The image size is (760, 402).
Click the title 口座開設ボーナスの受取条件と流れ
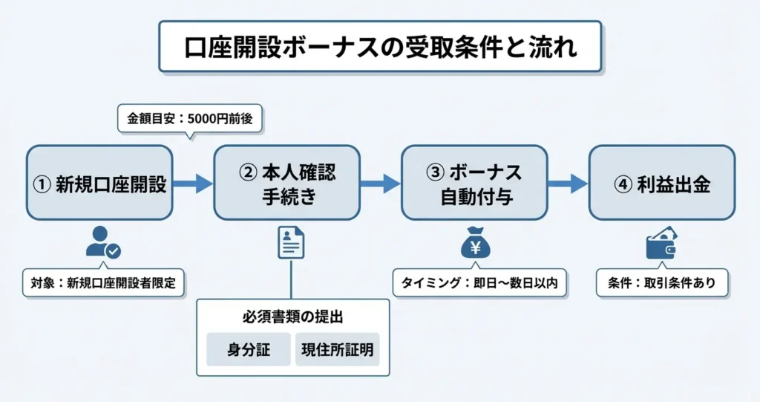(x=380, y=47)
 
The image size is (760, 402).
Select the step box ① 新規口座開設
(x=99, y=183)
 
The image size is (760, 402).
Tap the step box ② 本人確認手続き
(x=287, y=183)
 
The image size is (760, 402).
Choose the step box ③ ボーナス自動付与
(x=474, y=183)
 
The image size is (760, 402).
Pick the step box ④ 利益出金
(x=662, y=183)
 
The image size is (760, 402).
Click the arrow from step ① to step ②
(x=193, y=184)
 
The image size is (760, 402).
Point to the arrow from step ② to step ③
(x=381, y=184)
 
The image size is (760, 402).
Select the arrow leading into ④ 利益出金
(x=568, y=184)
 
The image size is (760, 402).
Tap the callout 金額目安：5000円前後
(x=190, y=118)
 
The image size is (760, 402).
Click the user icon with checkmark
(x=102, y=241)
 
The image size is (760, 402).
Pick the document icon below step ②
(x=291, y=242)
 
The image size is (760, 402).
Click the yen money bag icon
(x=475, y=243)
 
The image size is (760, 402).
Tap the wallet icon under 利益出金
(x=661, y=244)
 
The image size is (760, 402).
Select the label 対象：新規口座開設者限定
(x=103, y=282)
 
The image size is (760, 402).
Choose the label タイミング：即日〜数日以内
(x=479, y=282)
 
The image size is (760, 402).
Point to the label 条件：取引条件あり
(x=662, y=282)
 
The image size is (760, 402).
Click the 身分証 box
(x=249, y=349)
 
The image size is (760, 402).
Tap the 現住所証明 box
(x=338, y=349)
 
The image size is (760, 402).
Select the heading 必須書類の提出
(x=292, y=317)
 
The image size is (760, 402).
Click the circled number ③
(x=435, y=172)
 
